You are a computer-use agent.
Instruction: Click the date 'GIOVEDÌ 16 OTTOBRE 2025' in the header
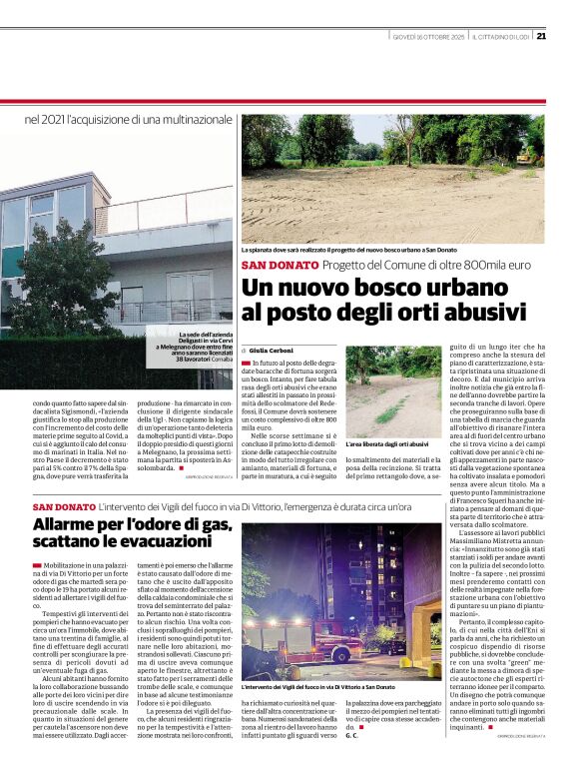tap(430, 38)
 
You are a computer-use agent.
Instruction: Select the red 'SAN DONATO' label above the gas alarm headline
tap(63, 509)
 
